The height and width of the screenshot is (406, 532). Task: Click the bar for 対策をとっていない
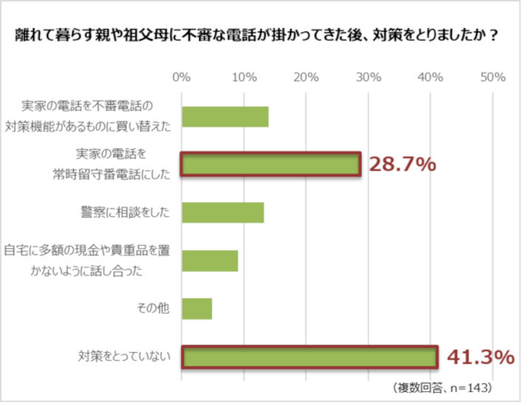point(310,357)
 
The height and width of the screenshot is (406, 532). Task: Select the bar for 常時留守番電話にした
point(271,165)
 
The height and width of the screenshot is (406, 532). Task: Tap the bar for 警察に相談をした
point(222,213)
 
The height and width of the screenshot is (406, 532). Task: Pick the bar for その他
point(196,309)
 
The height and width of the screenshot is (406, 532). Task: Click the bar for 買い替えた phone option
point(224,117)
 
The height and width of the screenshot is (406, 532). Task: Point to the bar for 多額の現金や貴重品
point(210,261)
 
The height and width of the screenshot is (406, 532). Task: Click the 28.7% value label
point(402,165)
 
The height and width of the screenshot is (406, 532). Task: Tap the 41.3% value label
point(480,357)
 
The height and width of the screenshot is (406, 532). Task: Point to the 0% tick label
point(182,77)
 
